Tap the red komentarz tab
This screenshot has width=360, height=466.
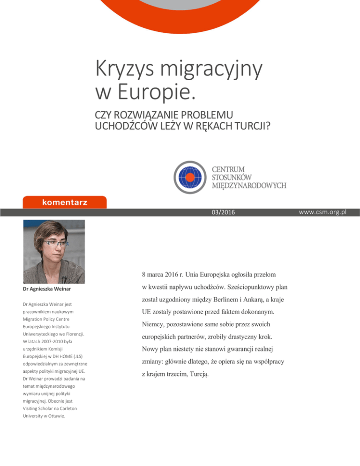pyautogui.click(x=61, y=203)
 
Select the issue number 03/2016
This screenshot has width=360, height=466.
pyautogui.click(x=215, y=212)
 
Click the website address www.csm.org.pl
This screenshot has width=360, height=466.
pyautogui.click(x=321, y=212)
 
